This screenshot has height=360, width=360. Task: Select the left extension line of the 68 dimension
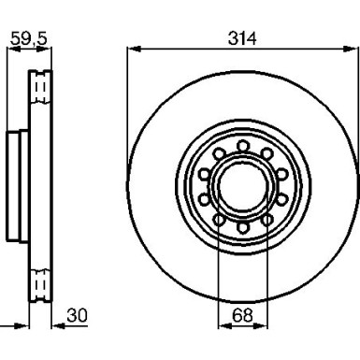218,271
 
